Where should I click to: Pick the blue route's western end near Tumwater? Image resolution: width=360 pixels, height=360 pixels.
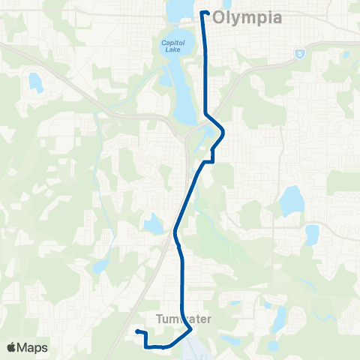(x=137, y=331)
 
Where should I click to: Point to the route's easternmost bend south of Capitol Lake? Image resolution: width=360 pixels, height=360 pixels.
(x=223, y=132)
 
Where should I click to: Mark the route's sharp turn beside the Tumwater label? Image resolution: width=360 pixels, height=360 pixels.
(x=191, y=328)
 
